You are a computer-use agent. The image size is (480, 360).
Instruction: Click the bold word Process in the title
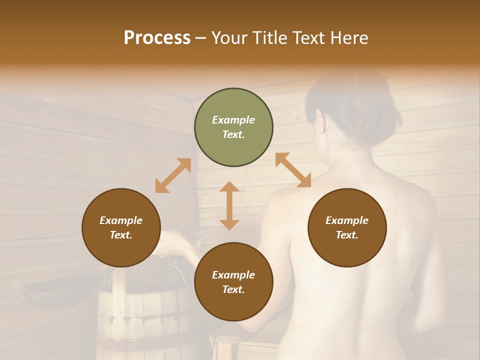click(x=157, y=38)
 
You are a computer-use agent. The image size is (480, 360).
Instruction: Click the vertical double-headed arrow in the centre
click(x=229, y=205)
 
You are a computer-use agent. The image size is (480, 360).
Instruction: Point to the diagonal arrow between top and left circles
click(x=173, y=175)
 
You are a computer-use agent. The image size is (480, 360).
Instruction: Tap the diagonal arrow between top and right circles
click(x=293, y=170)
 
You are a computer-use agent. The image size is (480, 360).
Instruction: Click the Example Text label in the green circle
click(x=233, y=127)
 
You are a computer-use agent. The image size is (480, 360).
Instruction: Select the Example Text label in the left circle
click(x=121, y=227)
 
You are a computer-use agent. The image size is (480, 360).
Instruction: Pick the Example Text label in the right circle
click(x=347, y=227)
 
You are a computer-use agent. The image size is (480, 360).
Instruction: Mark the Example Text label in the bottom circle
click(x=233, y=282)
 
